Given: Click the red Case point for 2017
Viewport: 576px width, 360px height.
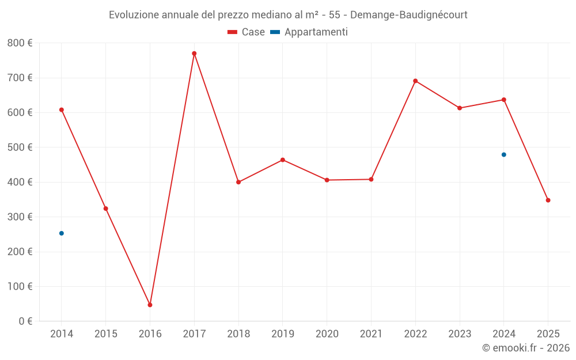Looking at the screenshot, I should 194,54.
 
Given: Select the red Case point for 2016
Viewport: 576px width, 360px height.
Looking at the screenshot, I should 150,305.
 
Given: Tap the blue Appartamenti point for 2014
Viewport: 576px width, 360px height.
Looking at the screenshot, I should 62,233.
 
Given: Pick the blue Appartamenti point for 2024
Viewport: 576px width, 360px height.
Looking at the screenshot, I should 504,154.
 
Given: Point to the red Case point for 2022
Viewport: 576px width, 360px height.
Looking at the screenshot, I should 415,81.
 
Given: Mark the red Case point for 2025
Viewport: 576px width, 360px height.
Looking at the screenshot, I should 548,200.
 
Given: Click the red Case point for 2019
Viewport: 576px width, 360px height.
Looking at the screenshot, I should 283,160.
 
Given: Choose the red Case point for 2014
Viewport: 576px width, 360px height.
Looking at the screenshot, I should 62,109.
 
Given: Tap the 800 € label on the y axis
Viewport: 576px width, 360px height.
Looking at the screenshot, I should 20,43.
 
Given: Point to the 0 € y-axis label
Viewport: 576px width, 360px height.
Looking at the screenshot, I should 25,321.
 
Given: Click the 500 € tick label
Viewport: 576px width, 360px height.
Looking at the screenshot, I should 20,147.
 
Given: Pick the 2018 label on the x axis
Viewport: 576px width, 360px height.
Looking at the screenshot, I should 238,334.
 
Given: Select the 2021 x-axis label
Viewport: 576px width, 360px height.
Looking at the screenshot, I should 371,334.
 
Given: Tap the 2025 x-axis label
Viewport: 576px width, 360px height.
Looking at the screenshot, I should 548,334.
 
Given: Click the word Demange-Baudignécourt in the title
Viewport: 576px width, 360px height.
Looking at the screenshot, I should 411,14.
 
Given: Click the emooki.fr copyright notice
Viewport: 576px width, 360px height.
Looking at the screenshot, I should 526,348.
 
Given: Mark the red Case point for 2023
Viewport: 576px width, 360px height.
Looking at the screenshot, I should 460,108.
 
